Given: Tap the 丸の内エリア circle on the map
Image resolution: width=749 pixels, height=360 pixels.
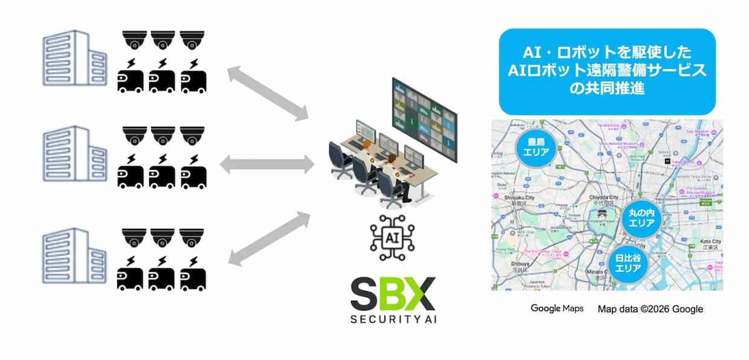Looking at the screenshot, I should tap(641, 218).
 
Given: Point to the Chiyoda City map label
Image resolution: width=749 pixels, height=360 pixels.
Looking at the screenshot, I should tap(605, 198).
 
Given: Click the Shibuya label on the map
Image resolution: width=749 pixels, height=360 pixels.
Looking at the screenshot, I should tap(507, 263).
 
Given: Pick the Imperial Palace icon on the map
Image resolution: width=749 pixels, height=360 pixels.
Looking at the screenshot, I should tap(601, 215).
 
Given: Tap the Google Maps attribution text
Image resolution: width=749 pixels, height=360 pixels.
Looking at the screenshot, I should tap(557, 309).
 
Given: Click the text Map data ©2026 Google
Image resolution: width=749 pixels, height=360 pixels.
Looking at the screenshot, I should tap(651, 309).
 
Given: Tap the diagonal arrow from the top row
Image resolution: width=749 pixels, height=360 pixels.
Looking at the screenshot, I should tap(268, 94).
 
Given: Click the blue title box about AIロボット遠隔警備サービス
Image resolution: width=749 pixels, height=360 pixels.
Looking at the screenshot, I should tap(607, 71).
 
